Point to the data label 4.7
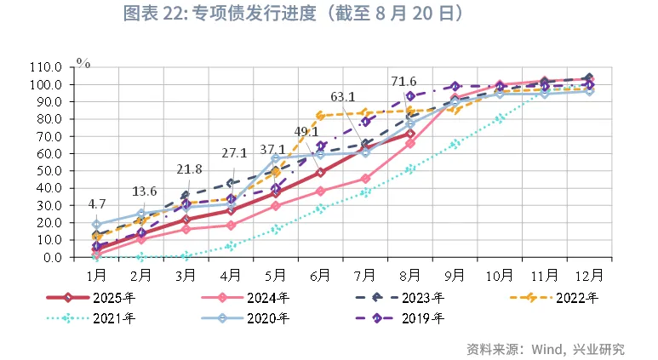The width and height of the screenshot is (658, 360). (x=96, y=204)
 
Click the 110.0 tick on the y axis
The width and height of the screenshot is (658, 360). (x=45, y=67)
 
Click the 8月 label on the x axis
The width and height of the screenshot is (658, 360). (x=409, y=275)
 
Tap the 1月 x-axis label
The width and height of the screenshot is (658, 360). (x=96, y=275)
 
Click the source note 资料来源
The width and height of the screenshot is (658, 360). (x=494, y=349)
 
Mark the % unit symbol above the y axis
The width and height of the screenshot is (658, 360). (x=83, y=62)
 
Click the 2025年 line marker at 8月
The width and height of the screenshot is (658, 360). (x=409, y=134)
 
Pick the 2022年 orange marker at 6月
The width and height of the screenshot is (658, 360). (x=321, y=116)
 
